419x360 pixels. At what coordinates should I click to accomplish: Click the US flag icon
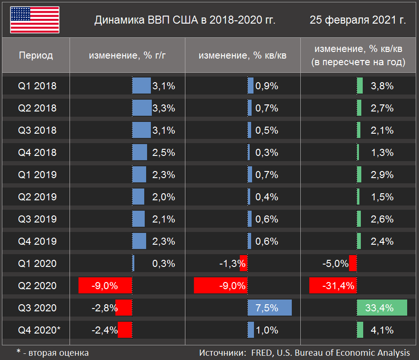click(x=34, y=20)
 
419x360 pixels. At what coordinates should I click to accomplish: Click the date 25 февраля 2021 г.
click(x=358, y=20)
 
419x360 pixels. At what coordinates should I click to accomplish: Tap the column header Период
click(x=36, y=55)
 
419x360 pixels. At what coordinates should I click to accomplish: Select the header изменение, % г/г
click(x=128, y=55)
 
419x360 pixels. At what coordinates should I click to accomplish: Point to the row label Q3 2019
click(x=37, y=219)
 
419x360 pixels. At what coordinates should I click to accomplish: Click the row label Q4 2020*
click(x=39, y=330)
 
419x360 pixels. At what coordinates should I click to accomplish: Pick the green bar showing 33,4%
click(x=382, y=308)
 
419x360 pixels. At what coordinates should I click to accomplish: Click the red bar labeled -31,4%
click(x=333, y=286)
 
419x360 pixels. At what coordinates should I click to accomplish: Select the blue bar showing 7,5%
click(x=269, y=308)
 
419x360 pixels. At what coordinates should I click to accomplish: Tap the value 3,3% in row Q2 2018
click(x=164, y=108)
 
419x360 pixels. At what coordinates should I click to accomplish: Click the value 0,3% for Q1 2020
click(x=164, y=264)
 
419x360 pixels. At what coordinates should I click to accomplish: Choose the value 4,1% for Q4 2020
click(x=382, y=330)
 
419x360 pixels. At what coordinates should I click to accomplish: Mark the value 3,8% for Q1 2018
click(x=382, y=86)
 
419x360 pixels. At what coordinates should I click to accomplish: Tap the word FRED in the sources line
click(x=261, y=352)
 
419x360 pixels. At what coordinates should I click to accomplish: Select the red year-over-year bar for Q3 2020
click(x=124, y=308)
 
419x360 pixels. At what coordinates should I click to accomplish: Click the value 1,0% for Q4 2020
click(x=267, y=330)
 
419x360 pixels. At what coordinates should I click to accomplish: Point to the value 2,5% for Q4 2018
click(x=164, y=153)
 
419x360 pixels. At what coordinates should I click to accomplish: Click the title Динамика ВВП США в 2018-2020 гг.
click(x=185, y=20)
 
